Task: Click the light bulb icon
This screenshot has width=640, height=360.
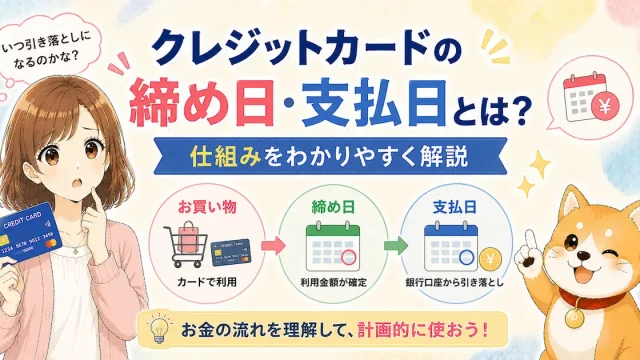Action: coord(158,329)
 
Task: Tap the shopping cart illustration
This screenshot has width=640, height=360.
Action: coord(186,244)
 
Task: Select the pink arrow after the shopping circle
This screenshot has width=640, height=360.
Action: coord(273,245)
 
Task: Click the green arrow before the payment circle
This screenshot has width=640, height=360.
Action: coord(396,245)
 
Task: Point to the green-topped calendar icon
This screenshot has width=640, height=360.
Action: coord(333,246)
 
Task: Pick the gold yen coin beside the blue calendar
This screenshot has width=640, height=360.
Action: coord(491,258)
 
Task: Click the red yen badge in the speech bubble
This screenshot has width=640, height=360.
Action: coord(606,106)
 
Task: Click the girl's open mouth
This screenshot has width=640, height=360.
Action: coord(78,183)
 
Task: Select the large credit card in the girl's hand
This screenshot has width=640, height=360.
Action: coord(29,233)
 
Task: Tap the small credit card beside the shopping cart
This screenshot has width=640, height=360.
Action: coord(231,252)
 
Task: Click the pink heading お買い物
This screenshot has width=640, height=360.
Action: coord(207,207)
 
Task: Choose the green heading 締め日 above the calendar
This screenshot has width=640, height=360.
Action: coord(333,207)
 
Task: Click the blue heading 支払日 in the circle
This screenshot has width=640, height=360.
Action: coord(455,207)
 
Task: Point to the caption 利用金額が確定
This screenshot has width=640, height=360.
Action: coord(333,282)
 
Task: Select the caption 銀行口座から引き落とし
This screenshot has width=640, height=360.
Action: coord(454,282)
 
